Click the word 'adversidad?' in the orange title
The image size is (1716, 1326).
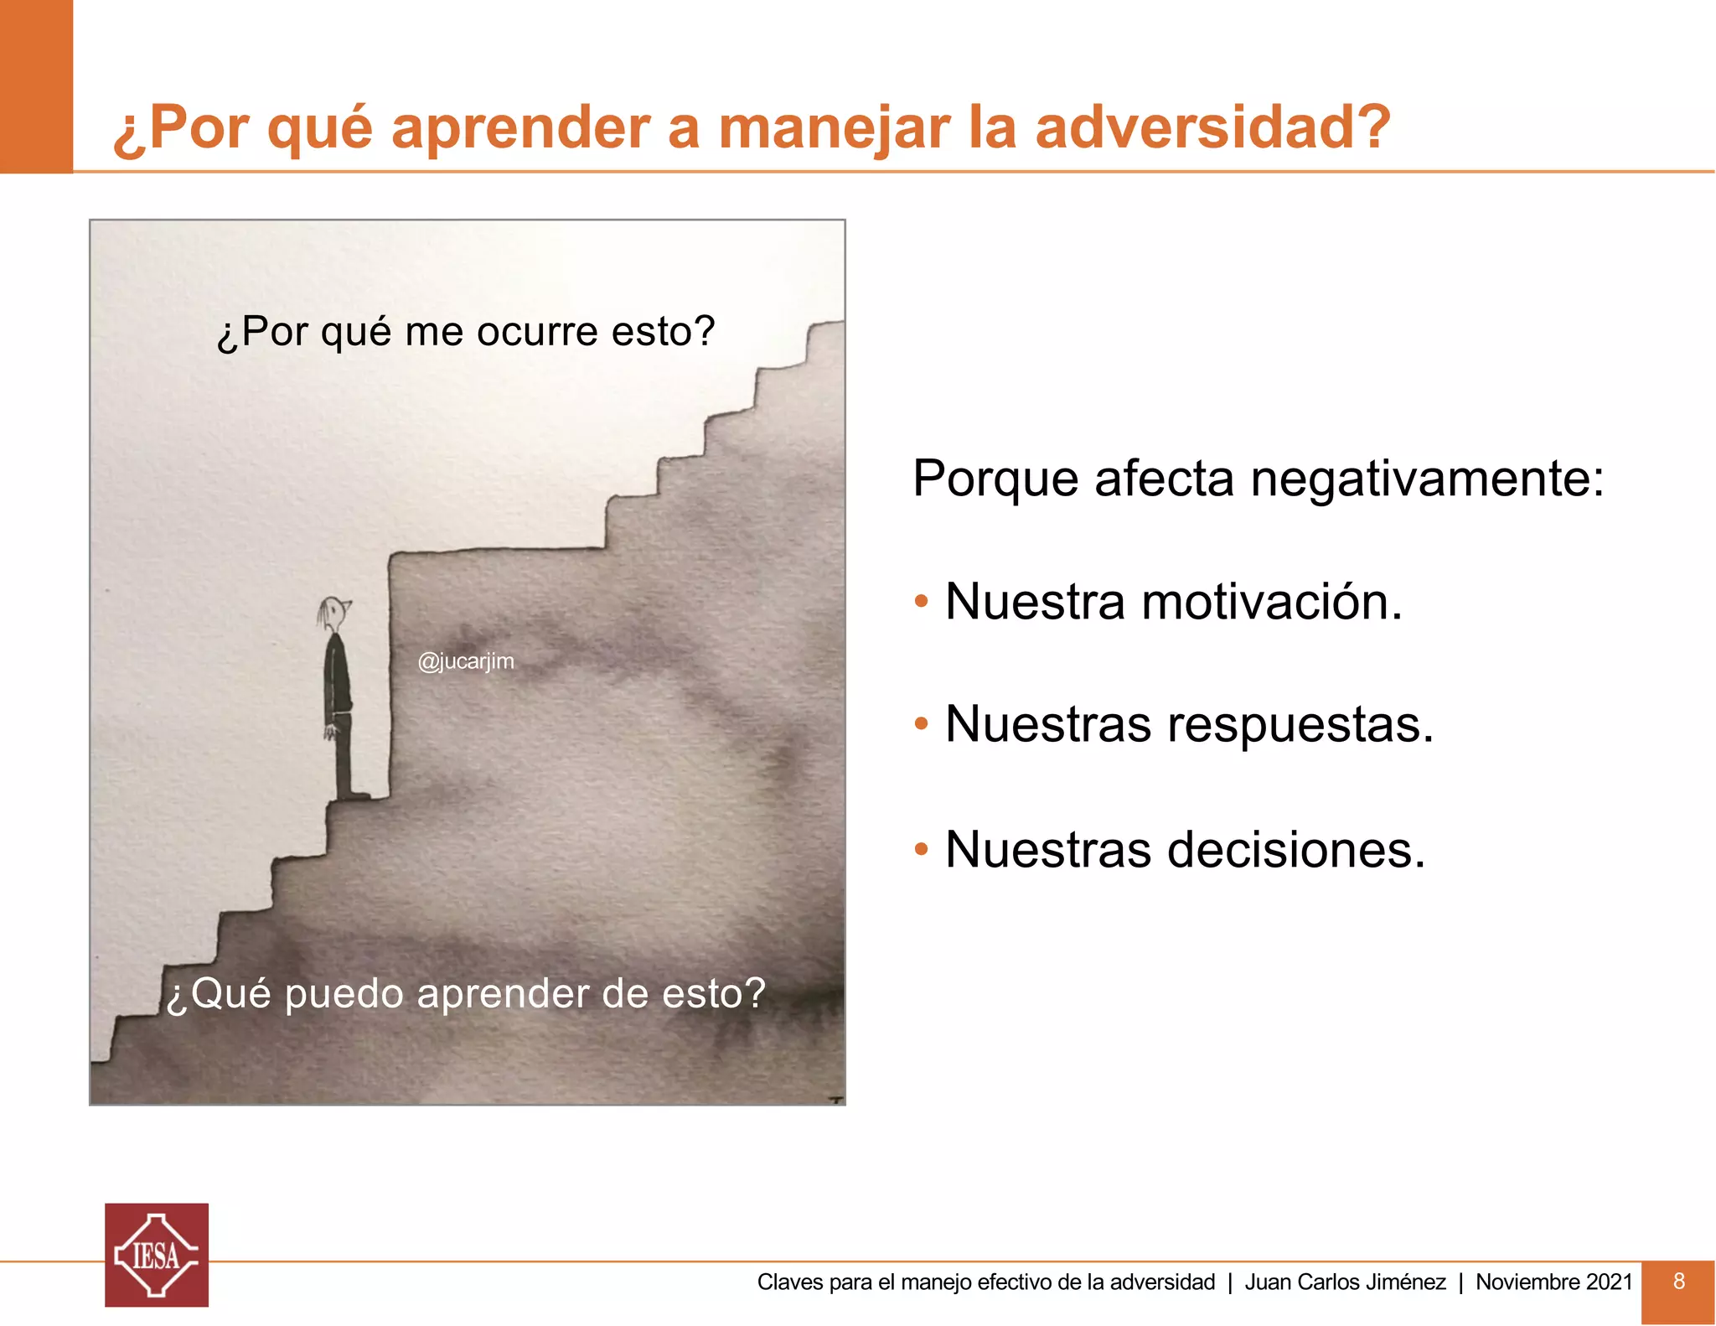pos(1212,127)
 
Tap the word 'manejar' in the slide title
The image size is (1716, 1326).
pos(834,127)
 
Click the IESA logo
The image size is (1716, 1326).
pos(157,1255)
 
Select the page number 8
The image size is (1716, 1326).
pos(1678,1281)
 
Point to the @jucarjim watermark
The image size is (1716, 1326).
pos(466,661)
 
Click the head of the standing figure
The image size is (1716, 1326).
pos(334,614)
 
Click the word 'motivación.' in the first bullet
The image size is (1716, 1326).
pos(1271,602)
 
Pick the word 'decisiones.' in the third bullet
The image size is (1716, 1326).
pos(1296,849)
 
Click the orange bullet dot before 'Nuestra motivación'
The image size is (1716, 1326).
pos(921,602)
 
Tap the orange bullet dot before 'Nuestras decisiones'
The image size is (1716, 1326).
pos(921,849)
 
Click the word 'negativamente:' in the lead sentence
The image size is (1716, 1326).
pos(1427,479)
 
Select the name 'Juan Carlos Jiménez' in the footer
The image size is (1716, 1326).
pos(1345,1282)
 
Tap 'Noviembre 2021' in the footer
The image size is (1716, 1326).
pos(1553,1282)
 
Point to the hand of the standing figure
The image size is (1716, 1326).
pos(332,732)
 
